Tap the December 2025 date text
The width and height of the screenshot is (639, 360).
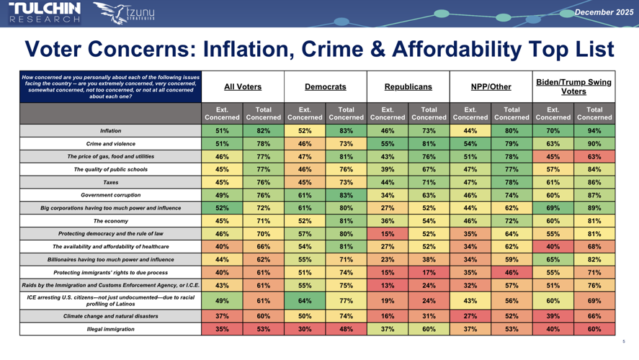604,12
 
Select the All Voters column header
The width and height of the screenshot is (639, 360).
243,86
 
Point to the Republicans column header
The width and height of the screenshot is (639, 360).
408,86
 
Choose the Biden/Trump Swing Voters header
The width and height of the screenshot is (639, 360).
573,86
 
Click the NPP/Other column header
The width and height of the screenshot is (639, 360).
491,86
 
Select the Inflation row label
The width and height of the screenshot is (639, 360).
110,131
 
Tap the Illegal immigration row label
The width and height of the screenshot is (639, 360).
110,329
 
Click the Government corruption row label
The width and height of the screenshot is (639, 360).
110,194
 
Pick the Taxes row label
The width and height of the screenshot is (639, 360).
110,182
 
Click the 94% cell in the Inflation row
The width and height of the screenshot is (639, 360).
594,131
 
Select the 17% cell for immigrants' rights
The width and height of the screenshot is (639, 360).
429,272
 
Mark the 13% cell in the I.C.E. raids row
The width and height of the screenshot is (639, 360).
388,285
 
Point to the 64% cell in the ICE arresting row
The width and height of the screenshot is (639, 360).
305,301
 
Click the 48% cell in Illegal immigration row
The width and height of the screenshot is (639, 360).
346,329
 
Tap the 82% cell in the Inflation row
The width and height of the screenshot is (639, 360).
263,131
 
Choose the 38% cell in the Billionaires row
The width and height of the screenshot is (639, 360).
429,259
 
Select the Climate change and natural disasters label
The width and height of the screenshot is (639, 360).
110,316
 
